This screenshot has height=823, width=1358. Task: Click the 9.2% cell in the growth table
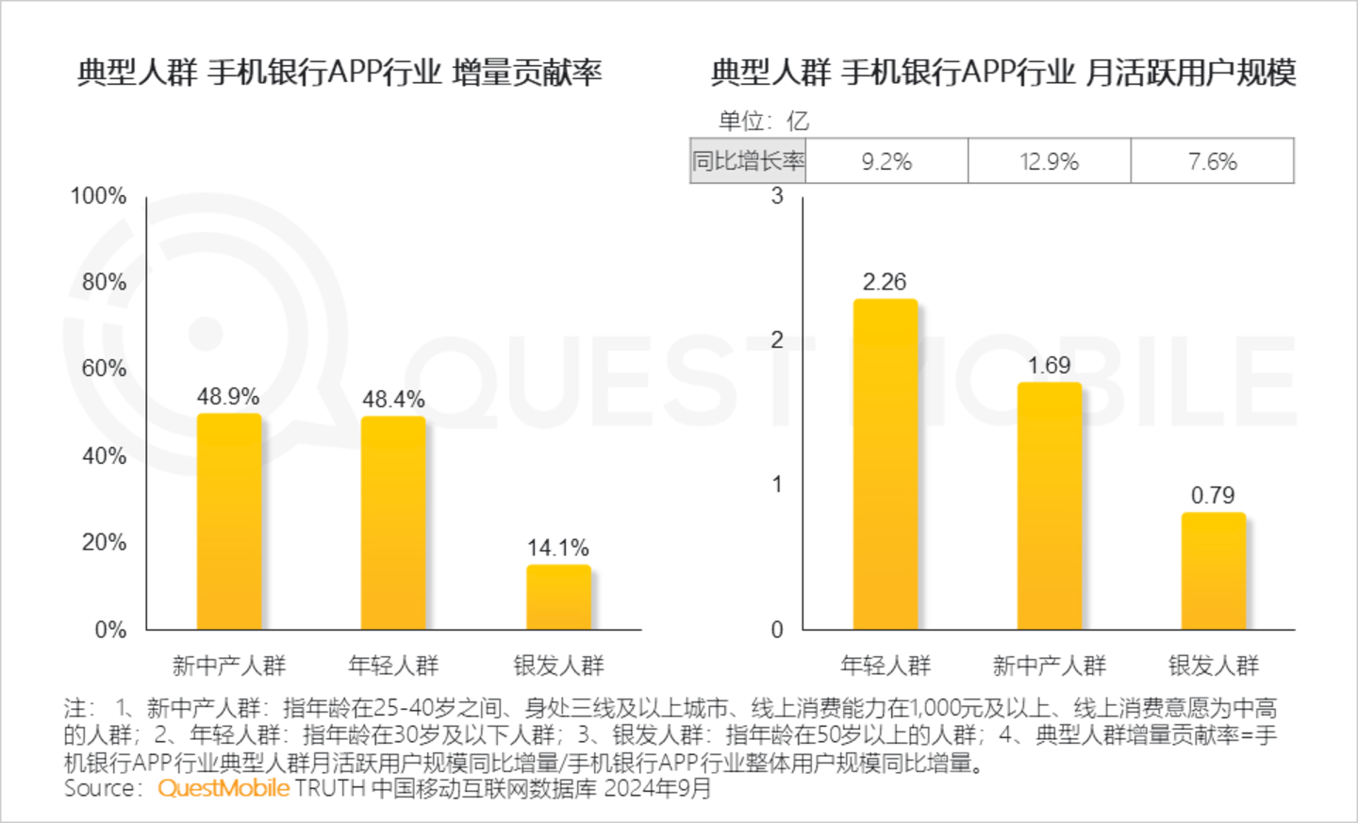tap(886, 161)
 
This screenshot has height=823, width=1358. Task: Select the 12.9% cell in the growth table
tap(1049, 161)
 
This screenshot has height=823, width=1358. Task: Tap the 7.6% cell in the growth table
tap(1212, 161)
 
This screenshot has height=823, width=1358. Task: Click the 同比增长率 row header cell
tap(748, 161)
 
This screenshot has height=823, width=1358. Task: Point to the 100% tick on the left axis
tap(98, 196)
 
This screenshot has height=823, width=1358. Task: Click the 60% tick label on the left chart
tap(104, 369)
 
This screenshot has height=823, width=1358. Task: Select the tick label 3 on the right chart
tap(777, 196)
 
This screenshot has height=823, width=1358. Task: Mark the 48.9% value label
tap(228, 397)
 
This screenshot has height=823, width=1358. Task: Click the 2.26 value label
tap(885, 282)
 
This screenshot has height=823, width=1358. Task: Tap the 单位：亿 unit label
tap(764, 121)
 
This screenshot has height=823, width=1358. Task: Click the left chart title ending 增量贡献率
tap(339, 72)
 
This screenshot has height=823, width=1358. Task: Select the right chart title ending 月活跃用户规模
tap(1003, 72)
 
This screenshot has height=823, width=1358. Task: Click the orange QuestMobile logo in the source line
tap(224, 788)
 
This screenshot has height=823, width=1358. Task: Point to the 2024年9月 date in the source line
tap(657, 788)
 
